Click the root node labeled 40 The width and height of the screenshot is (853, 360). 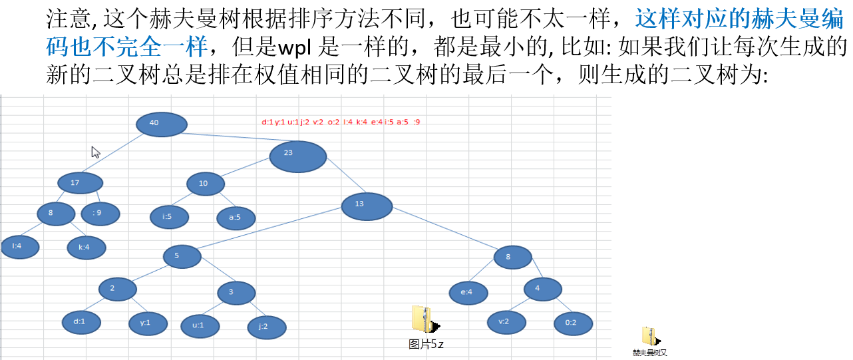pos(161,124)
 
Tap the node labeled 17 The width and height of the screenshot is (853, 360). pos(80,183)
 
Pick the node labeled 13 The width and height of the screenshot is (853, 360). pos(367,206)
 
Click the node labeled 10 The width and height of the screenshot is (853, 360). pos(205,184)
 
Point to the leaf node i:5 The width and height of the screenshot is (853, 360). pos(169,217)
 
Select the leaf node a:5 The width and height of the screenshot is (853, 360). pos(236,218)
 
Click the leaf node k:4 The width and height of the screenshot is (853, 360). pos(86,248)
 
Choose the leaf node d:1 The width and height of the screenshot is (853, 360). pos(81,322)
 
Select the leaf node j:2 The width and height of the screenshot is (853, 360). pos(266,327)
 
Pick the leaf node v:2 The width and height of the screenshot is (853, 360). pos(506,322)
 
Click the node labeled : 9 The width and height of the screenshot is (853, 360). pos(100,214)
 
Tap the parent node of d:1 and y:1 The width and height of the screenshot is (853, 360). pos(117,289)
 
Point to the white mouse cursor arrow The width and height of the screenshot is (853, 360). pos(95,151)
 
